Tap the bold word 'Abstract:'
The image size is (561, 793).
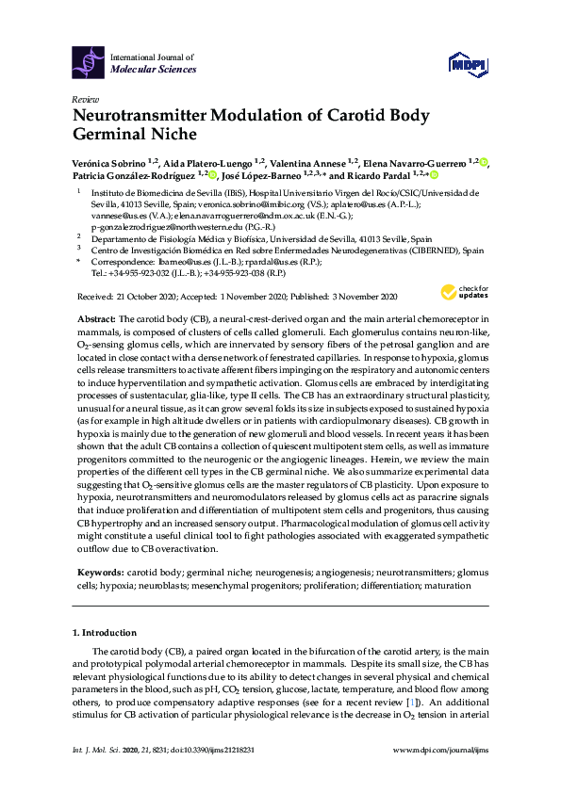click(96, 320)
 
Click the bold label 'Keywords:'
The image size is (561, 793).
click(99, 572)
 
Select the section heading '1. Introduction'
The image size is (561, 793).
click(105, 630)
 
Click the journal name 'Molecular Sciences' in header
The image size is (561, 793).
click(154, 69)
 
